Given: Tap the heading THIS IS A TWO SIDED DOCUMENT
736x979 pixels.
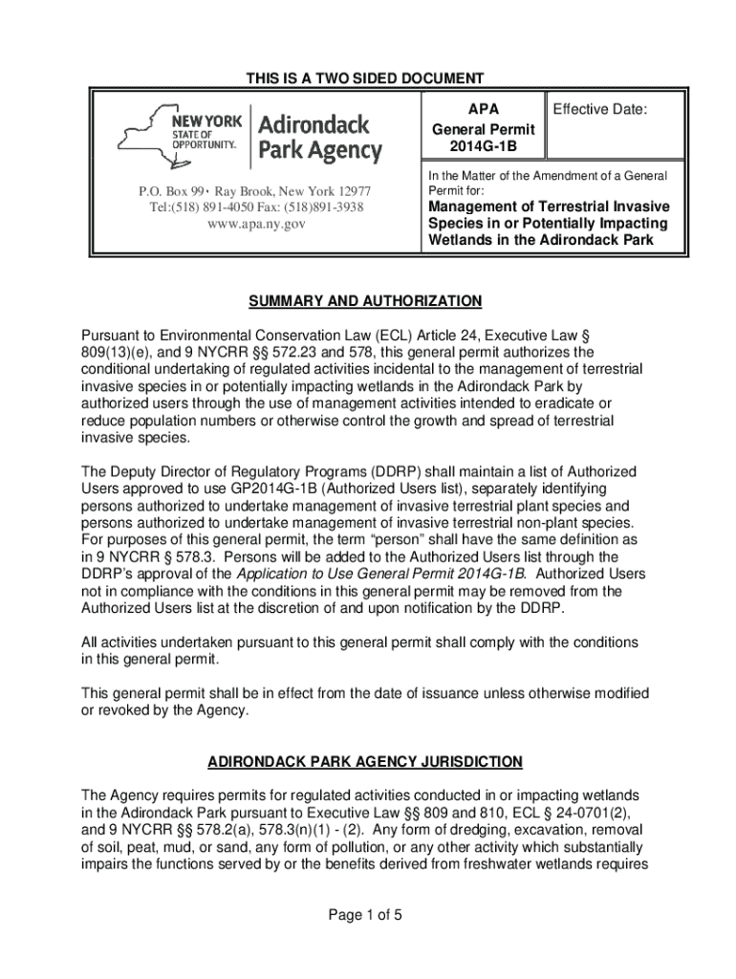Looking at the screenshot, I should coord(367,78).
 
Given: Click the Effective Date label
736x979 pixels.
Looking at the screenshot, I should coord(600,110).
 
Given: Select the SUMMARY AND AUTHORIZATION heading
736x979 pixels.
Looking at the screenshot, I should coord(366,301).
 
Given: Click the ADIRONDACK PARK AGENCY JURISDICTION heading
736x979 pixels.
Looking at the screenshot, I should coord(366,761).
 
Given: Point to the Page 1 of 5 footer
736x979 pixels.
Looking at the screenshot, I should coord(366,915).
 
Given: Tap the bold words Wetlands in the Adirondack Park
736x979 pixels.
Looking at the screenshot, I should coord(540,240).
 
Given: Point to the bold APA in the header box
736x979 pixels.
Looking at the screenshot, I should coord(483,109).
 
